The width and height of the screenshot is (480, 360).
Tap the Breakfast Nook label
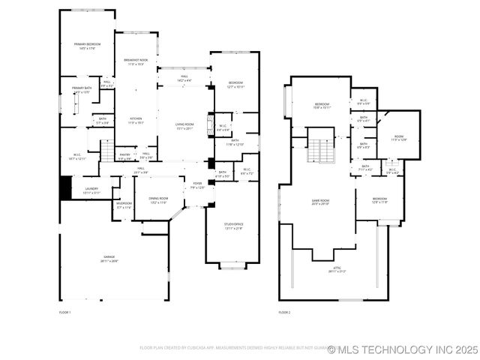[x=136, y=62]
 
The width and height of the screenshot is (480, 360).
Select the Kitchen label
[x=136, y=120]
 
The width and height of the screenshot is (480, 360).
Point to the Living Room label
[x=184, y=126]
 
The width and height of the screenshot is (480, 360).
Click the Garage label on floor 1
[x=109, y=259]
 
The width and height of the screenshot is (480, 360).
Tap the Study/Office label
[x=234, y=226]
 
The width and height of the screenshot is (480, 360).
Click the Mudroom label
[x=124, y=205]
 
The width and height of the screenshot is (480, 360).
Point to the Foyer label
[x=197, y=184]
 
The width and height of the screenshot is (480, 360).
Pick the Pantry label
[x=124, y=156]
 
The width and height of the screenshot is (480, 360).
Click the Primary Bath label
[x=82, y=90]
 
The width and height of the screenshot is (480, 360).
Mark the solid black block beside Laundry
[x=66, y=187]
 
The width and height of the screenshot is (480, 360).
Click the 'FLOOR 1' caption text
[x=64, y=312]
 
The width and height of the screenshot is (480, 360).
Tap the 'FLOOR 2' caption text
[x=284, y=312]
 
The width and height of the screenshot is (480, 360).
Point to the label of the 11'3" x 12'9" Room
[x=399, y=138]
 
